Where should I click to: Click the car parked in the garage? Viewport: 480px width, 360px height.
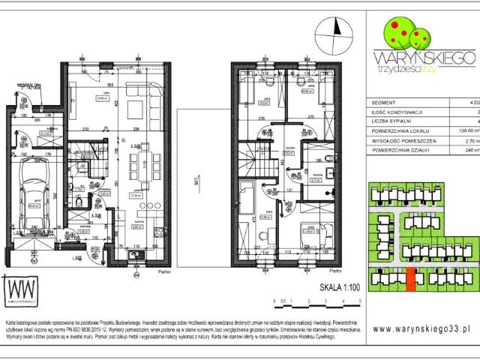pos(34,194)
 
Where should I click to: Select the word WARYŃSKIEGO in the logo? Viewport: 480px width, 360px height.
pos(422,57)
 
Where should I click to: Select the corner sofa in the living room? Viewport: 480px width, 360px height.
pos(142,103)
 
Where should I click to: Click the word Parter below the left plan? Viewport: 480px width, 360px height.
pos(154,272)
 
